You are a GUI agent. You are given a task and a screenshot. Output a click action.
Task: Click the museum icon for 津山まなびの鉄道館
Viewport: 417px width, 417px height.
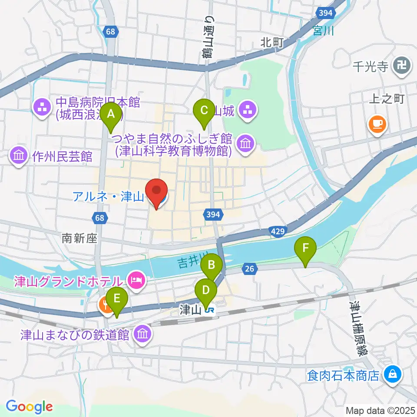click(142, 334)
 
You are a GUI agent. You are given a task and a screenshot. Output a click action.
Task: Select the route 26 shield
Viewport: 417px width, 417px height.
click(249, 269)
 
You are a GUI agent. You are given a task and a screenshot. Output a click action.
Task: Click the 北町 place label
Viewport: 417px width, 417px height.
click(272, 43)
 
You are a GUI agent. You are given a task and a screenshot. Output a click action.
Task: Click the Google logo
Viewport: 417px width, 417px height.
click(29, 407)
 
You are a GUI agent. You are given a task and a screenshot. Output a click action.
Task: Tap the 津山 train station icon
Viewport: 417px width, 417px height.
click(210, 310)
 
